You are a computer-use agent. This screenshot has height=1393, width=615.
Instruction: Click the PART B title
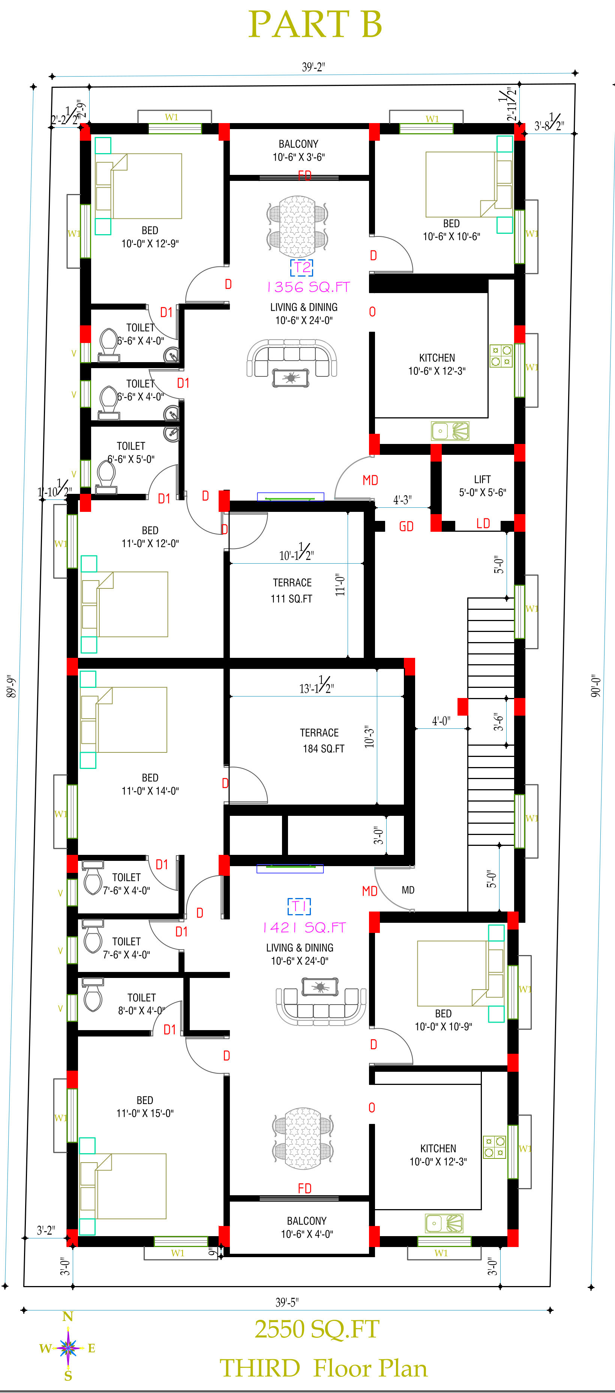[x=315, y=24]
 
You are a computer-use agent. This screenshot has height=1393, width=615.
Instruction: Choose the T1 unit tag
[x=299, y=906]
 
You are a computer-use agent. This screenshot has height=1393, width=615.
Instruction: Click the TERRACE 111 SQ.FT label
[x=292, y=591]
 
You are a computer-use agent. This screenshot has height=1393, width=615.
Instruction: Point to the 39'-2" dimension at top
[x=313, y=67]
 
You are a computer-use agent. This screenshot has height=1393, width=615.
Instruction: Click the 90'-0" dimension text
[x=595, y=685]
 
